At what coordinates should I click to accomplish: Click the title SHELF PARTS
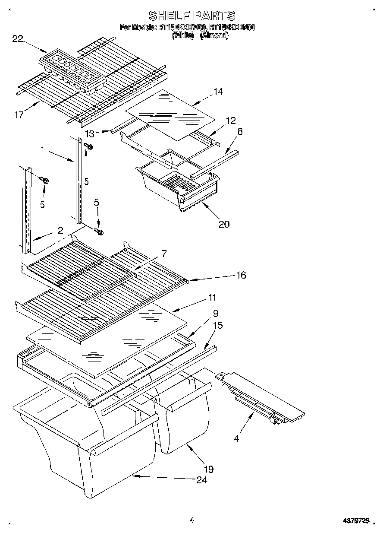pyautogui.click(x=192, y=16)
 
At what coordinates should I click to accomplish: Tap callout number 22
pyautogui.click(x=18, y=39)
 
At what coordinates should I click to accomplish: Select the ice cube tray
pyautogui.click(x=72, y=72)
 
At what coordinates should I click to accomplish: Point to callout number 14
pyautogui.click(x=218, y=92)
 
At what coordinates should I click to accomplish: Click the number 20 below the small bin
pyautogui.click(x=224, y=224)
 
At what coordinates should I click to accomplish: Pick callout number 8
pyautogui.click(x=240, y=132)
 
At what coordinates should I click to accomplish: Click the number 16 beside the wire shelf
pyautogui.click(x=241, y=275)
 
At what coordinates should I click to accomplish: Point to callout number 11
pyautogui.click(x=212, y=297)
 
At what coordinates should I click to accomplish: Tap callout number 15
pyautogui.click(x=218, y=325)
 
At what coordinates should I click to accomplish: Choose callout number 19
pyautogui.click(x=209, y=469)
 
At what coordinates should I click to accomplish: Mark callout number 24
pyautogui.click(x=202, y=480)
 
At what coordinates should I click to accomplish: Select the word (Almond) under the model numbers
pyautogui.click(x=214, y=35)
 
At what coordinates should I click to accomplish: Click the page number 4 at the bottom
pyautogui.click(x=192, y=520)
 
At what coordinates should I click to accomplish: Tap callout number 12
pyautogui.click(x=231, y=121)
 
